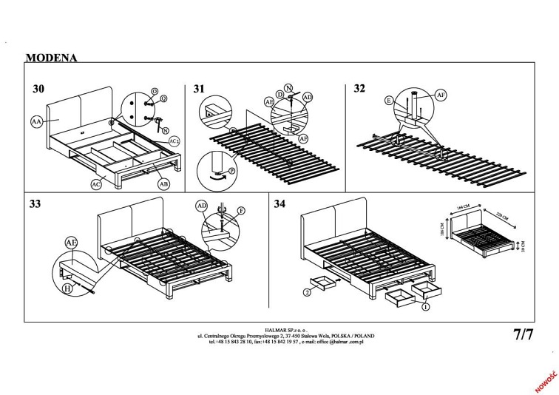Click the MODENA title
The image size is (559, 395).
51,57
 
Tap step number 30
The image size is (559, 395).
39,89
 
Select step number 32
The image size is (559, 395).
359,89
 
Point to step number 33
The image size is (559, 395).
35,203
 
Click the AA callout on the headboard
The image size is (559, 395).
36,121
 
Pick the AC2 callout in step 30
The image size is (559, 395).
175,140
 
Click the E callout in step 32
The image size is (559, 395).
388,98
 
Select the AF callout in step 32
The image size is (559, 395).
441,94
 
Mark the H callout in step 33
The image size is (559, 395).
68,291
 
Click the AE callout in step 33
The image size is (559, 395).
72,243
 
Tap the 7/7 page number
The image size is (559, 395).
523,334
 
